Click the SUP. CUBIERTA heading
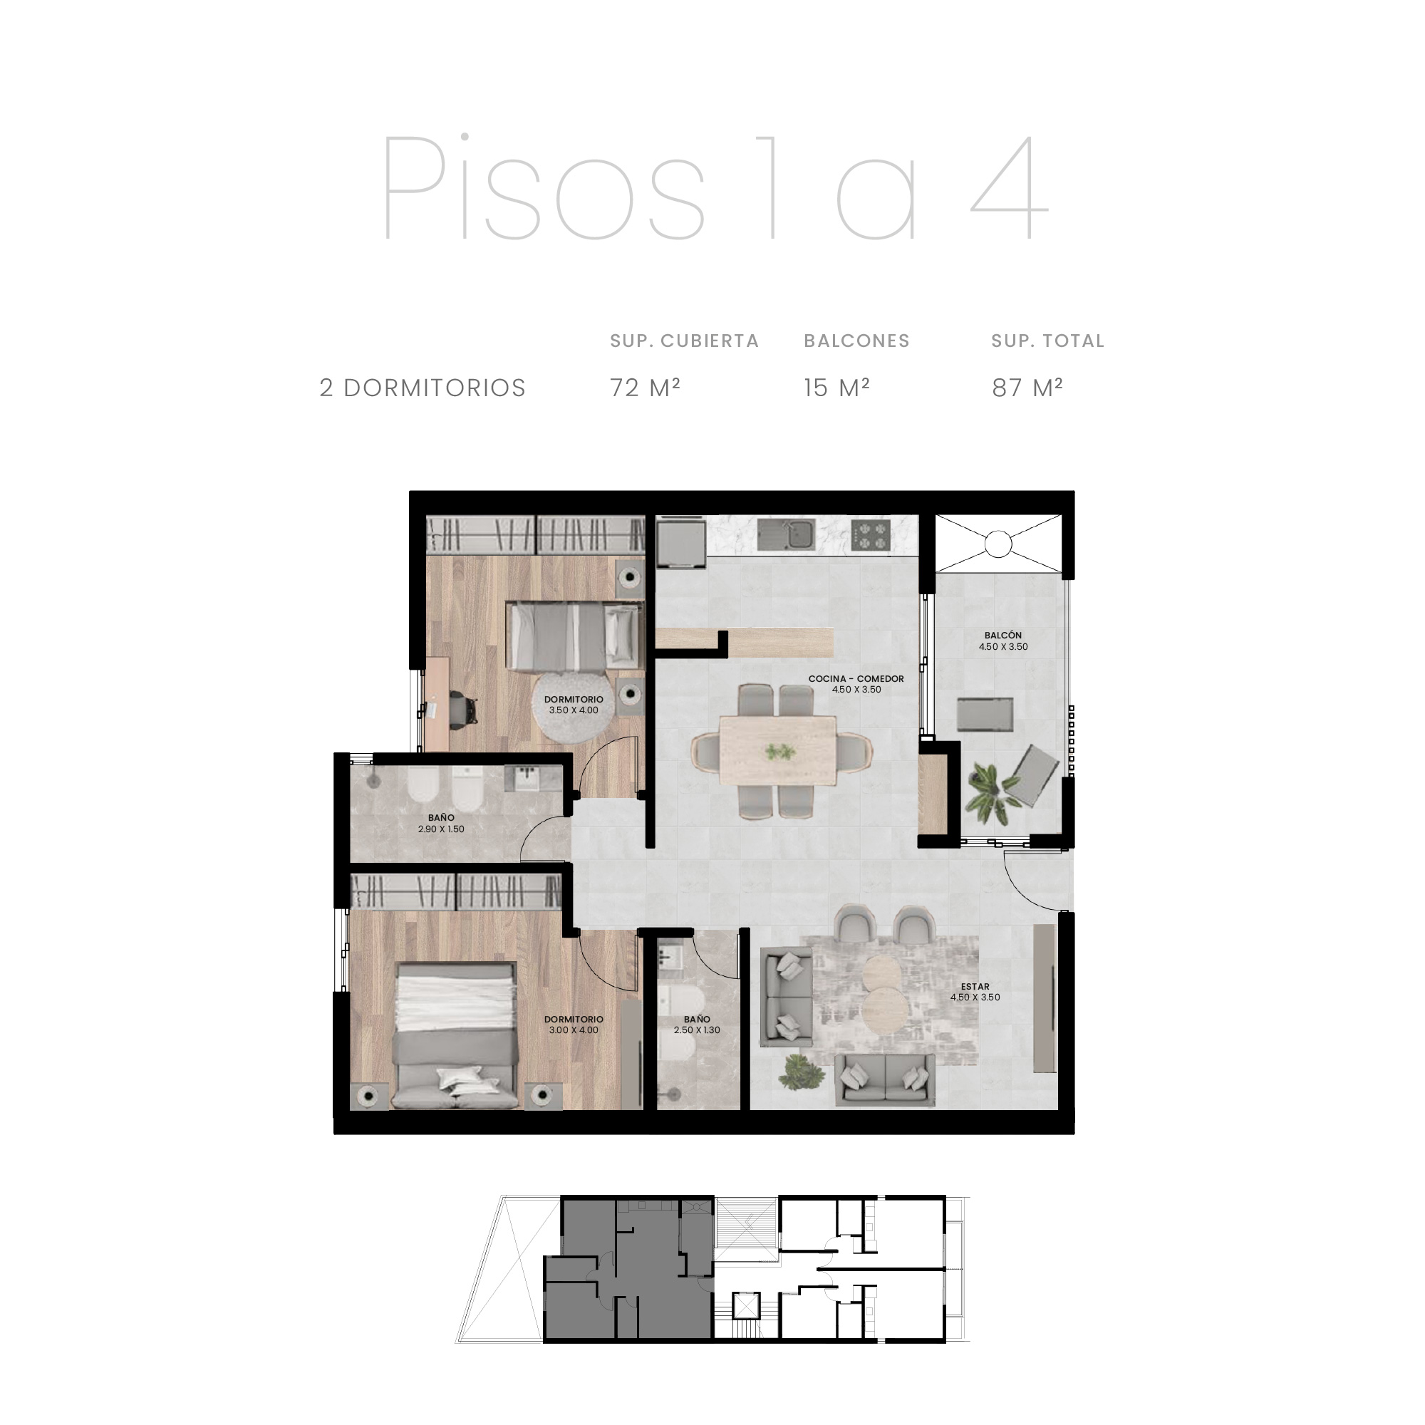coord(685,341)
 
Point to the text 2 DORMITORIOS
coord(423,388)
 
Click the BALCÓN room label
coord(1003,635)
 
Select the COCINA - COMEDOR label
coord(856,678)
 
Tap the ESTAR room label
coord(975,986)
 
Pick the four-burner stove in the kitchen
coord(871,534)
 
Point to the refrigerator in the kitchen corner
coord(680,544)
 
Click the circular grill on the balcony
coord(998,544)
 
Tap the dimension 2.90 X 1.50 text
coord(441,829)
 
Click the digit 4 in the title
coord(1009,187)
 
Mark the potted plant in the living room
coord(800,1071)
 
